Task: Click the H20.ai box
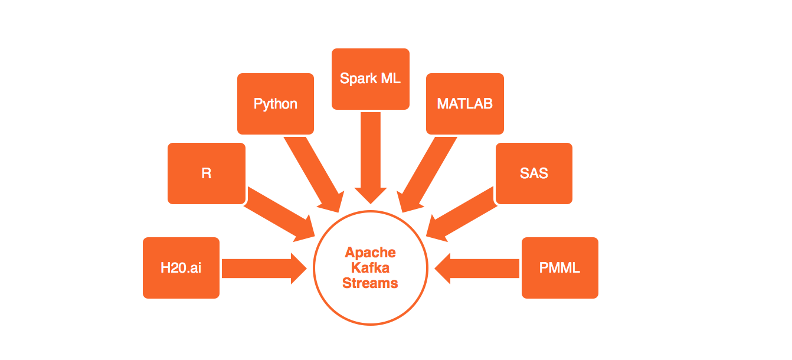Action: tap(181, 268)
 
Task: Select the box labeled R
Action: tap(206, 174)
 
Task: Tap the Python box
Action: tap(276, 104)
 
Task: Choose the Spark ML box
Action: tap(371, 78)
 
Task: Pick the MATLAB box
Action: tap(464, 104)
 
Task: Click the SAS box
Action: tap(534, 174)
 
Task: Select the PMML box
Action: tap(559, 268)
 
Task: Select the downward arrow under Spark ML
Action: tap(371, 156)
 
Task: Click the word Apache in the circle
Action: tap(371, 253)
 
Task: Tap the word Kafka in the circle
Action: tap(371, 268)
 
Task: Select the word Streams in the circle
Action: tap(371, 283)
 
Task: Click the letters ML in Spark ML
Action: tap(390, 78)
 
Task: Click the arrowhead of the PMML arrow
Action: tap(443, 269)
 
